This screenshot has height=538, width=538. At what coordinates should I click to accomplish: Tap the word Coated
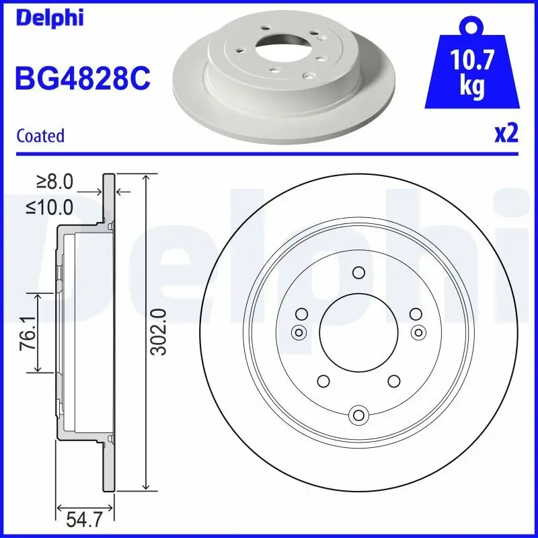(x=40, y=136)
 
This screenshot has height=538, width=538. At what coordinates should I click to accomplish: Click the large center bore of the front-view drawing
(x=358, y=331)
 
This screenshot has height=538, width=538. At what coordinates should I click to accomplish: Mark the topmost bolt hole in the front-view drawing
(x=358, y=272)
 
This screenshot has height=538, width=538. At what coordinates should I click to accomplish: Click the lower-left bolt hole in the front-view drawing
(x=323, y=381)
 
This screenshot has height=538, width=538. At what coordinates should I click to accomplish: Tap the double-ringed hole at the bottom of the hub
(x=358, y=414)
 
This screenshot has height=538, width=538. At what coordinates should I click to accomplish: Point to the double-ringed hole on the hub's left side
(x=298, y=332)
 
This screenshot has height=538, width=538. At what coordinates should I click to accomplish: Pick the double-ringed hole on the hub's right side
(x=418, y=332)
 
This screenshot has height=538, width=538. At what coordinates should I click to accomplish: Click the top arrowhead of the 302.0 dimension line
(x=146, y=177)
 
